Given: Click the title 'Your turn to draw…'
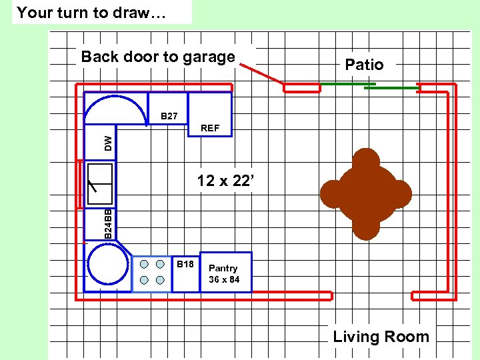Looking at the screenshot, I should (91, 12).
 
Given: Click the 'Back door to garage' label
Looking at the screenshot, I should (158, 57).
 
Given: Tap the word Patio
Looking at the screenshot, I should (364, 65).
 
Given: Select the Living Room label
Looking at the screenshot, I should (381, 337).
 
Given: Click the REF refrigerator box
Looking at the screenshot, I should (209, 115).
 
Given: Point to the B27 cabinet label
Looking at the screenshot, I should (169, 117).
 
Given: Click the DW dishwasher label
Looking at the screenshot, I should (108, 142).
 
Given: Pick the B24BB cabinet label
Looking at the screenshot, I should (108, 224).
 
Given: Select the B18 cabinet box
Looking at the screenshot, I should (186, 273).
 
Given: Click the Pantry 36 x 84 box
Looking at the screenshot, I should (225, 272).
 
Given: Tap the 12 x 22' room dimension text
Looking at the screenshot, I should (226, 181).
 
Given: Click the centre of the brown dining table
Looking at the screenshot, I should (365, 193).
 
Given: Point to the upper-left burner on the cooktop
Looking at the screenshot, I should (144, 264).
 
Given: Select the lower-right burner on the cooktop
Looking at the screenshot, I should (160, 279).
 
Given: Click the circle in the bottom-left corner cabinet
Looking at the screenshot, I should (108, 264).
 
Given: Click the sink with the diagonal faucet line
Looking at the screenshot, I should (99, 183).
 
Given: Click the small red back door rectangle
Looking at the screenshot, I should (301, 87).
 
